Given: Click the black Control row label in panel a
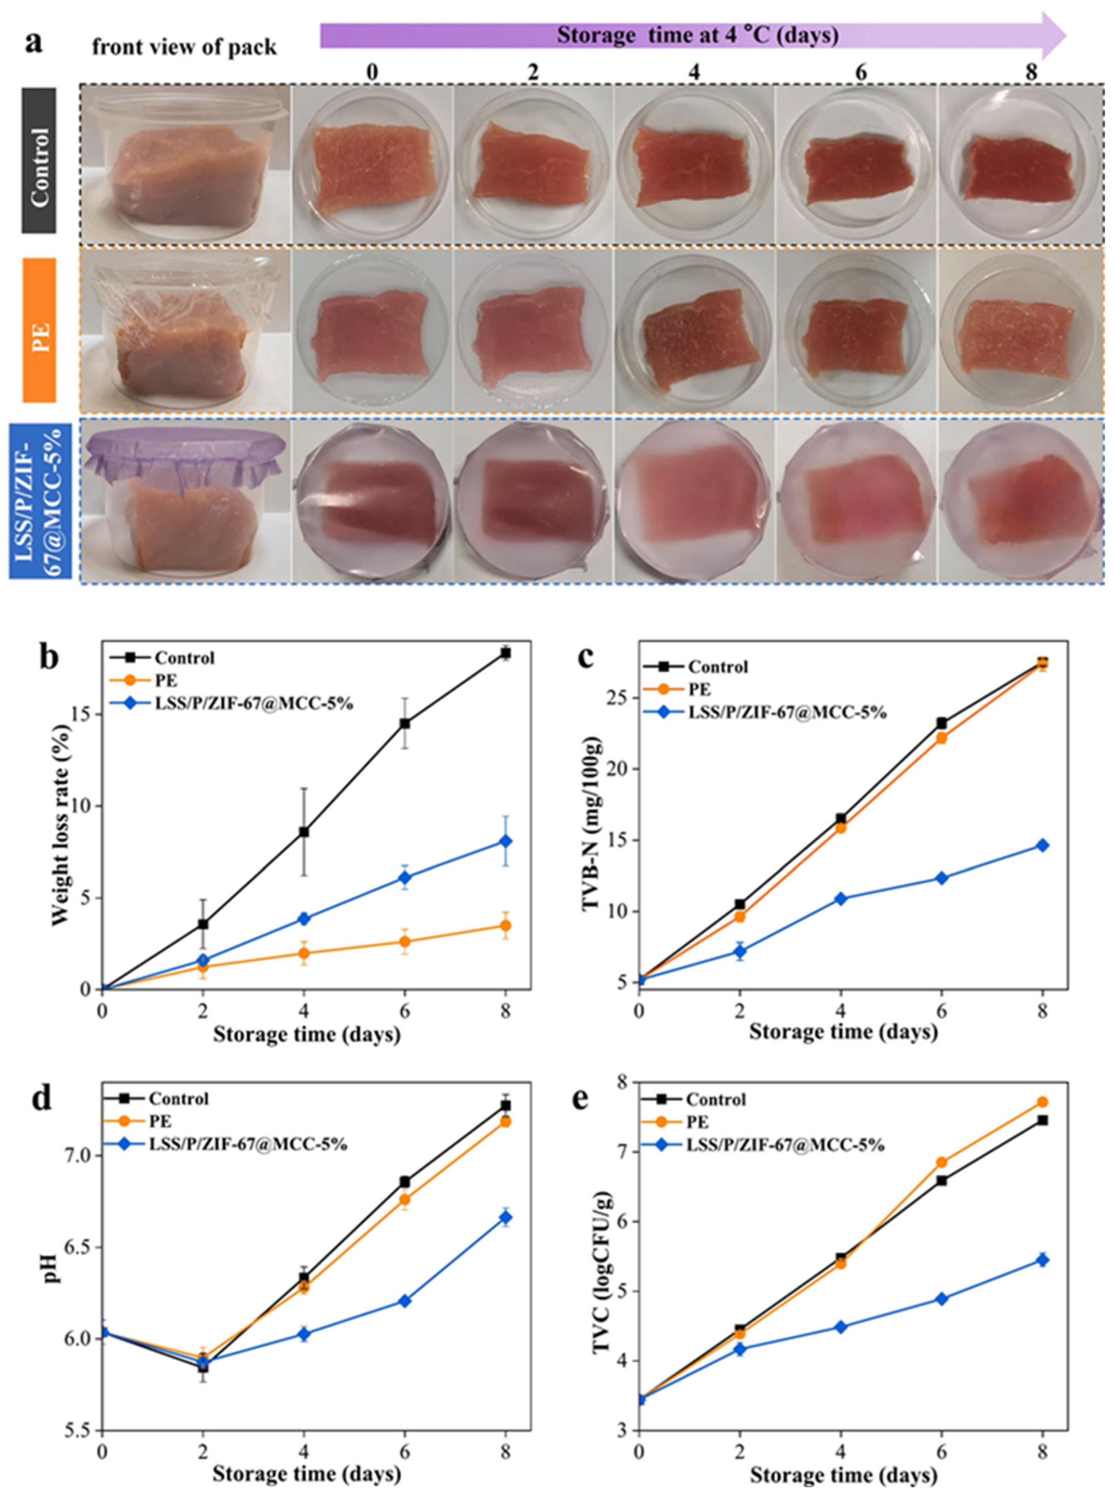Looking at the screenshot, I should tap(39, 161).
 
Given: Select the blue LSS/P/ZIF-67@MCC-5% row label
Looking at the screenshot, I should tap(42, 500).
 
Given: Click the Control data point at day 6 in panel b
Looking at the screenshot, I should tap(405, 724).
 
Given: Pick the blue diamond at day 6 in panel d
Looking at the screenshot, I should tap(405, 1301).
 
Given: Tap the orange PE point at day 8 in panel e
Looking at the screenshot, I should tap(1042, 1102).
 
